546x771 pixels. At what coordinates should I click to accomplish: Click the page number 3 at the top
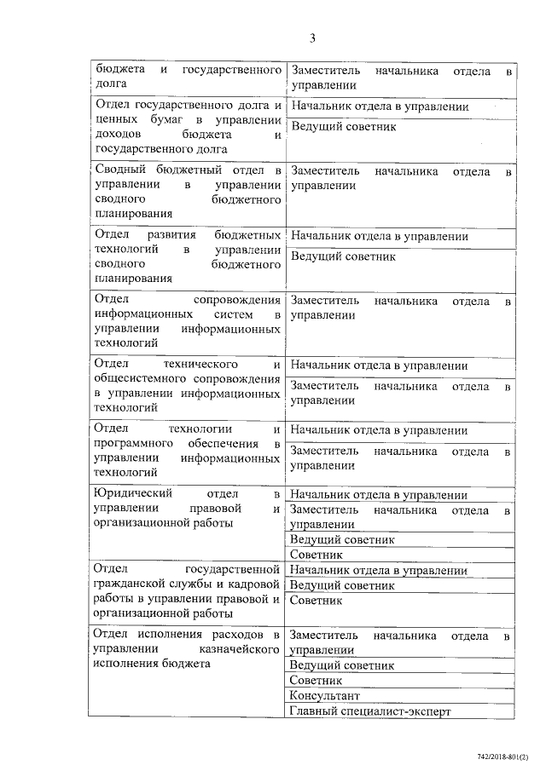[x=313, y=38]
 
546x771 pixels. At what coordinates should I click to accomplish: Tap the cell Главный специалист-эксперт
[x=369, y=711]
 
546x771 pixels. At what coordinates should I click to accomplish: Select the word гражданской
[x=131, y=584]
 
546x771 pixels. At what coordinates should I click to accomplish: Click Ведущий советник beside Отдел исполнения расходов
[x=341, y=665]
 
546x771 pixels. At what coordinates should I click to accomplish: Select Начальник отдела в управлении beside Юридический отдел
[x=378, y=495]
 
